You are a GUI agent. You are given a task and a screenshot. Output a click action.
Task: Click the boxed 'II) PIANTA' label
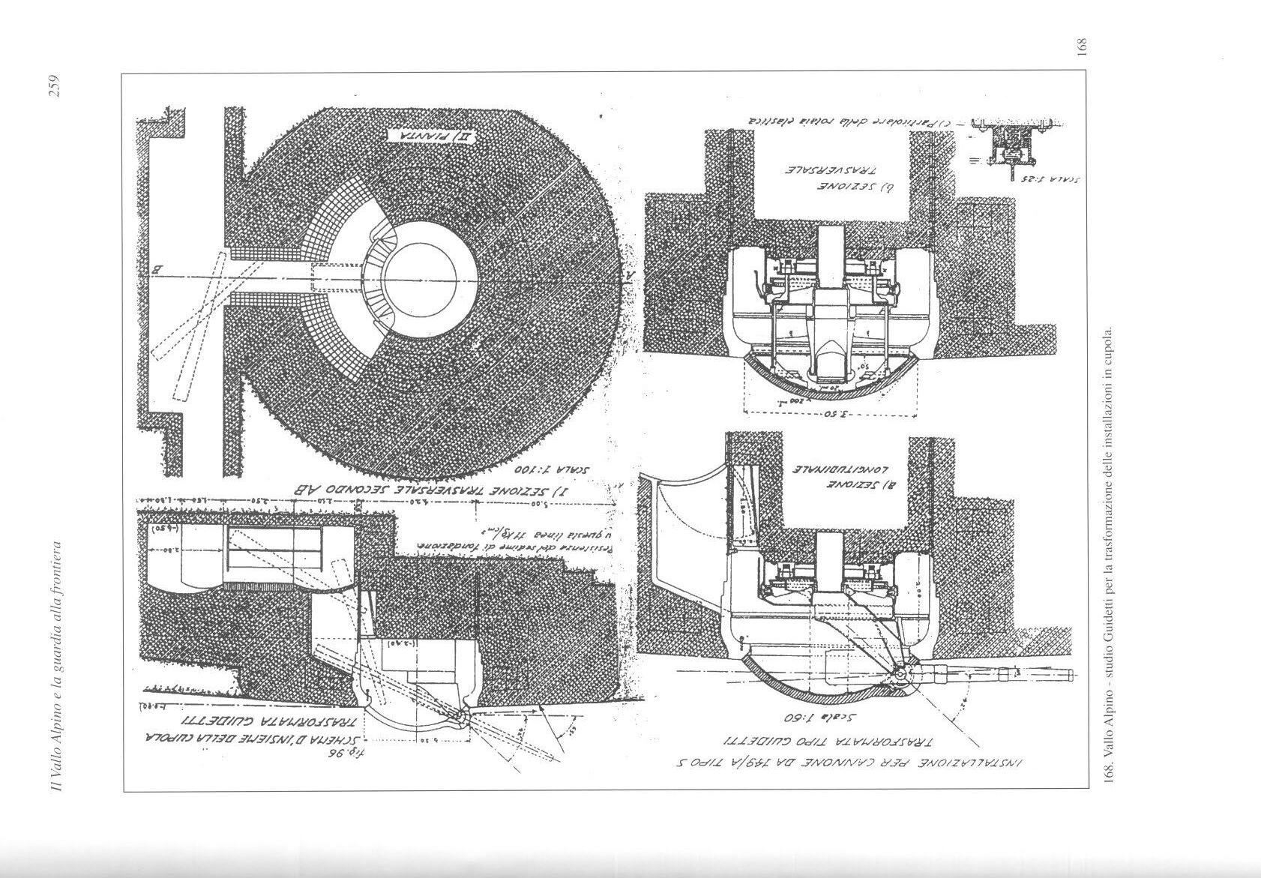tap(422, 136)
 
